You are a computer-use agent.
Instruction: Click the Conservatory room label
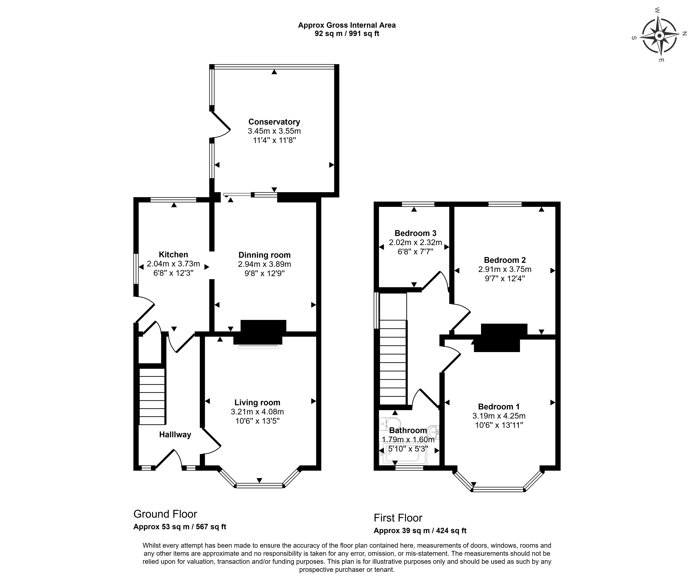click(274, 122)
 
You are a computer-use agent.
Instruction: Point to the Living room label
click(257, 403)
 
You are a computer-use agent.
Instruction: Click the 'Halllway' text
click(175, 435)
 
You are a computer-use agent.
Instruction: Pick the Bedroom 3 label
click(415, 233)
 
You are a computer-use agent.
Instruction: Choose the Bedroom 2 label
click(505, 260)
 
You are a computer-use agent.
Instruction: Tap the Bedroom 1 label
click(499, 407)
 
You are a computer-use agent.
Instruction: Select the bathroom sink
click(434, 432)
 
